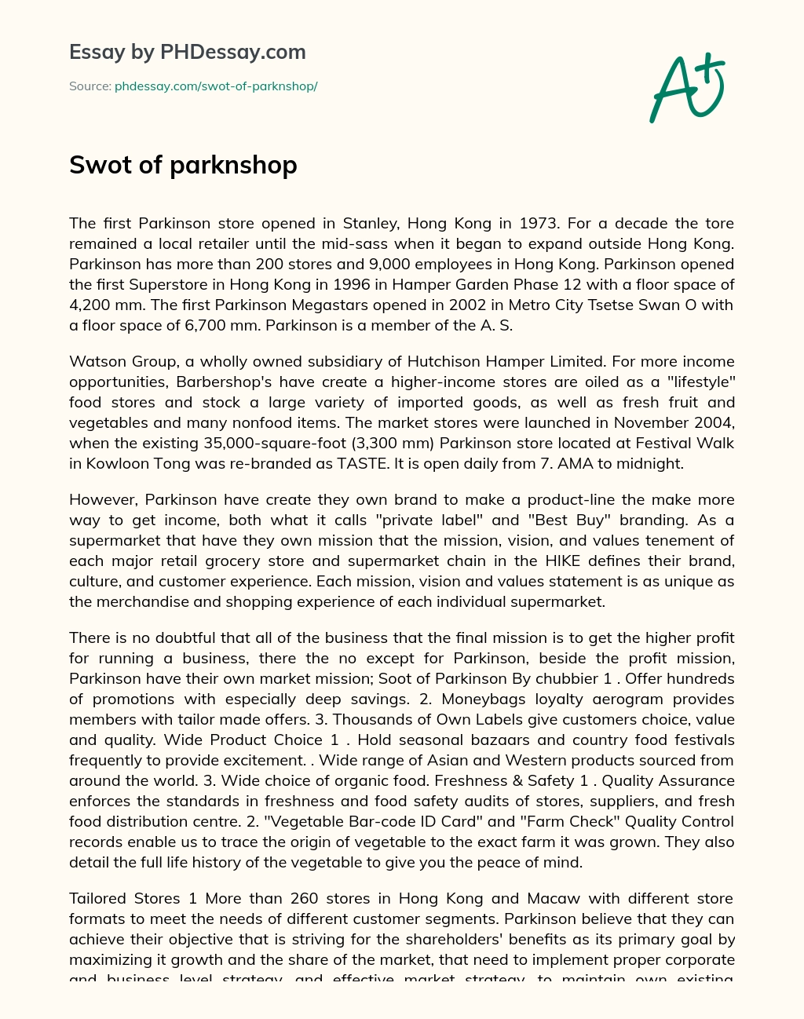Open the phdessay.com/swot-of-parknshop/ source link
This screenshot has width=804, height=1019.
coord(216,86)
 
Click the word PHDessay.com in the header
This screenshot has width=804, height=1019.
coord(232,53)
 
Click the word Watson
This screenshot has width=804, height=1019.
coord(96,361)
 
